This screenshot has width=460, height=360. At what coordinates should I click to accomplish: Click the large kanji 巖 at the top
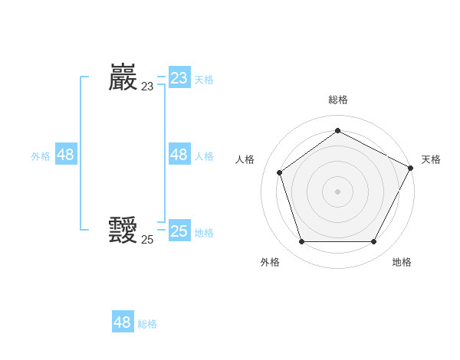click(123, 78)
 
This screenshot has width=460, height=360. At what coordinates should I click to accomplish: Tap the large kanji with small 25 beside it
click(123, 231)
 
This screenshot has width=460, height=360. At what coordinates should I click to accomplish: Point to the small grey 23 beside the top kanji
click(147, 87)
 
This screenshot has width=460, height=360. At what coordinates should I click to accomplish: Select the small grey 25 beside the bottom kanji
click(147, 240)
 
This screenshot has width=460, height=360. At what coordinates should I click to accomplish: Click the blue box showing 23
click(179, 78)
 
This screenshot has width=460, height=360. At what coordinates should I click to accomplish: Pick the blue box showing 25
click(179, 231)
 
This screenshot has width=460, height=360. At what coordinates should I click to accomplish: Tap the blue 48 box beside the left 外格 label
click(66, 155)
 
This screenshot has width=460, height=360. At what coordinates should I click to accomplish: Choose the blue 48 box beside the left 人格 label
click(179, 155)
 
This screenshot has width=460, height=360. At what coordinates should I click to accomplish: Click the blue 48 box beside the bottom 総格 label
click(123, 322)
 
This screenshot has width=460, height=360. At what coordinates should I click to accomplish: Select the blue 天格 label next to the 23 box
click(204, 80)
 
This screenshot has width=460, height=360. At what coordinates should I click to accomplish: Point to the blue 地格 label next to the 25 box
click(204, 233)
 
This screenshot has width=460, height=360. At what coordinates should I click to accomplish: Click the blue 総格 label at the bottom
click(147, 324)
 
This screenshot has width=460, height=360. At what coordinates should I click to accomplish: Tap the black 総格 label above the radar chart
click(337, 100)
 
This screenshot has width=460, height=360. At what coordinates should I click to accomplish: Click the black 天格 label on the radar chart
click(431, 159)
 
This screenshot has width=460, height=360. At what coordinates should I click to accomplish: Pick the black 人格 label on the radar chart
click(245, 159)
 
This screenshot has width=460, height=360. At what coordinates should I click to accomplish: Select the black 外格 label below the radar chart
click(270, 262)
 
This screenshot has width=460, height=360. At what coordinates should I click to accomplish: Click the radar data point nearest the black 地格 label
click(373, 242)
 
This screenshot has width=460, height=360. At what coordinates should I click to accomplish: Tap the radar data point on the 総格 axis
click(337, 130)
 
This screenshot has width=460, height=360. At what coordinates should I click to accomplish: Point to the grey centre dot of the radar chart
click(337, 191)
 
